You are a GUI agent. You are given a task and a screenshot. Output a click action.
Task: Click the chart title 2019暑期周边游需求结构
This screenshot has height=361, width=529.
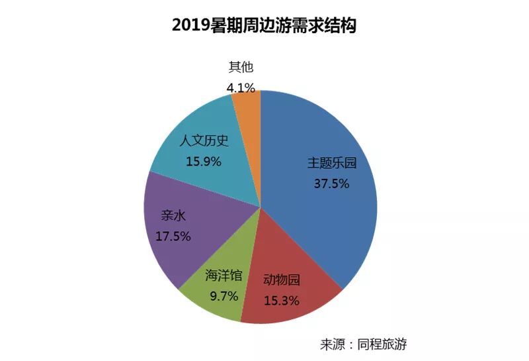264,25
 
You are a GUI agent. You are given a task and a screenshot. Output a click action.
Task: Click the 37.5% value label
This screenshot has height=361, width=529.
332,183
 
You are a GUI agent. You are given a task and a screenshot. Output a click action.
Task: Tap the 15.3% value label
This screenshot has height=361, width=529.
282,301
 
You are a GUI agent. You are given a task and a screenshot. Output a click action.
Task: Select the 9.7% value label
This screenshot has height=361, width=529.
224,297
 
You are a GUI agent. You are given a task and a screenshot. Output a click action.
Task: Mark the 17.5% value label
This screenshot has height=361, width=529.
173,236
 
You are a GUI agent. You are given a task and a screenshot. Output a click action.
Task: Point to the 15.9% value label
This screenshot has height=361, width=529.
204,162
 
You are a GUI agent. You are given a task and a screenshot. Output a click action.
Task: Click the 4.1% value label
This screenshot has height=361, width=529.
241,88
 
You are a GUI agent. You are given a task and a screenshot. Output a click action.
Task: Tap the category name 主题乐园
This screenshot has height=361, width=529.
332,163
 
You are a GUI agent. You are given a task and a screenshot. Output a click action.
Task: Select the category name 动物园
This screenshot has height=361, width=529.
282,280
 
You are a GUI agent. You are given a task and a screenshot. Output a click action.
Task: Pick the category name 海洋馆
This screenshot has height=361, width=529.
224,276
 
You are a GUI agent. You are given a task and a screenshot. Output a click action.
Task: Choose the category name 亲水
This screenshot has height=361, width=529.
173,215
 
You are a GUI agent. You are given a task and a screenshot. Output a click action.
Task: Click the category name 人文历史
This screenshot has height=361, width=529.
204,140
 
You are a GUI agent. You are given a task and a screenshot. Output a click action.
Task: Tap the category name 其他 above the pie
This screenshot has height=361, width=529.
241,68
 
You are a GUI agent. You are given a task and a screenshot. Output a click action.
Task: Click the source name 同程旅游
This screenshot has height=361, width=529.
382,344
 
